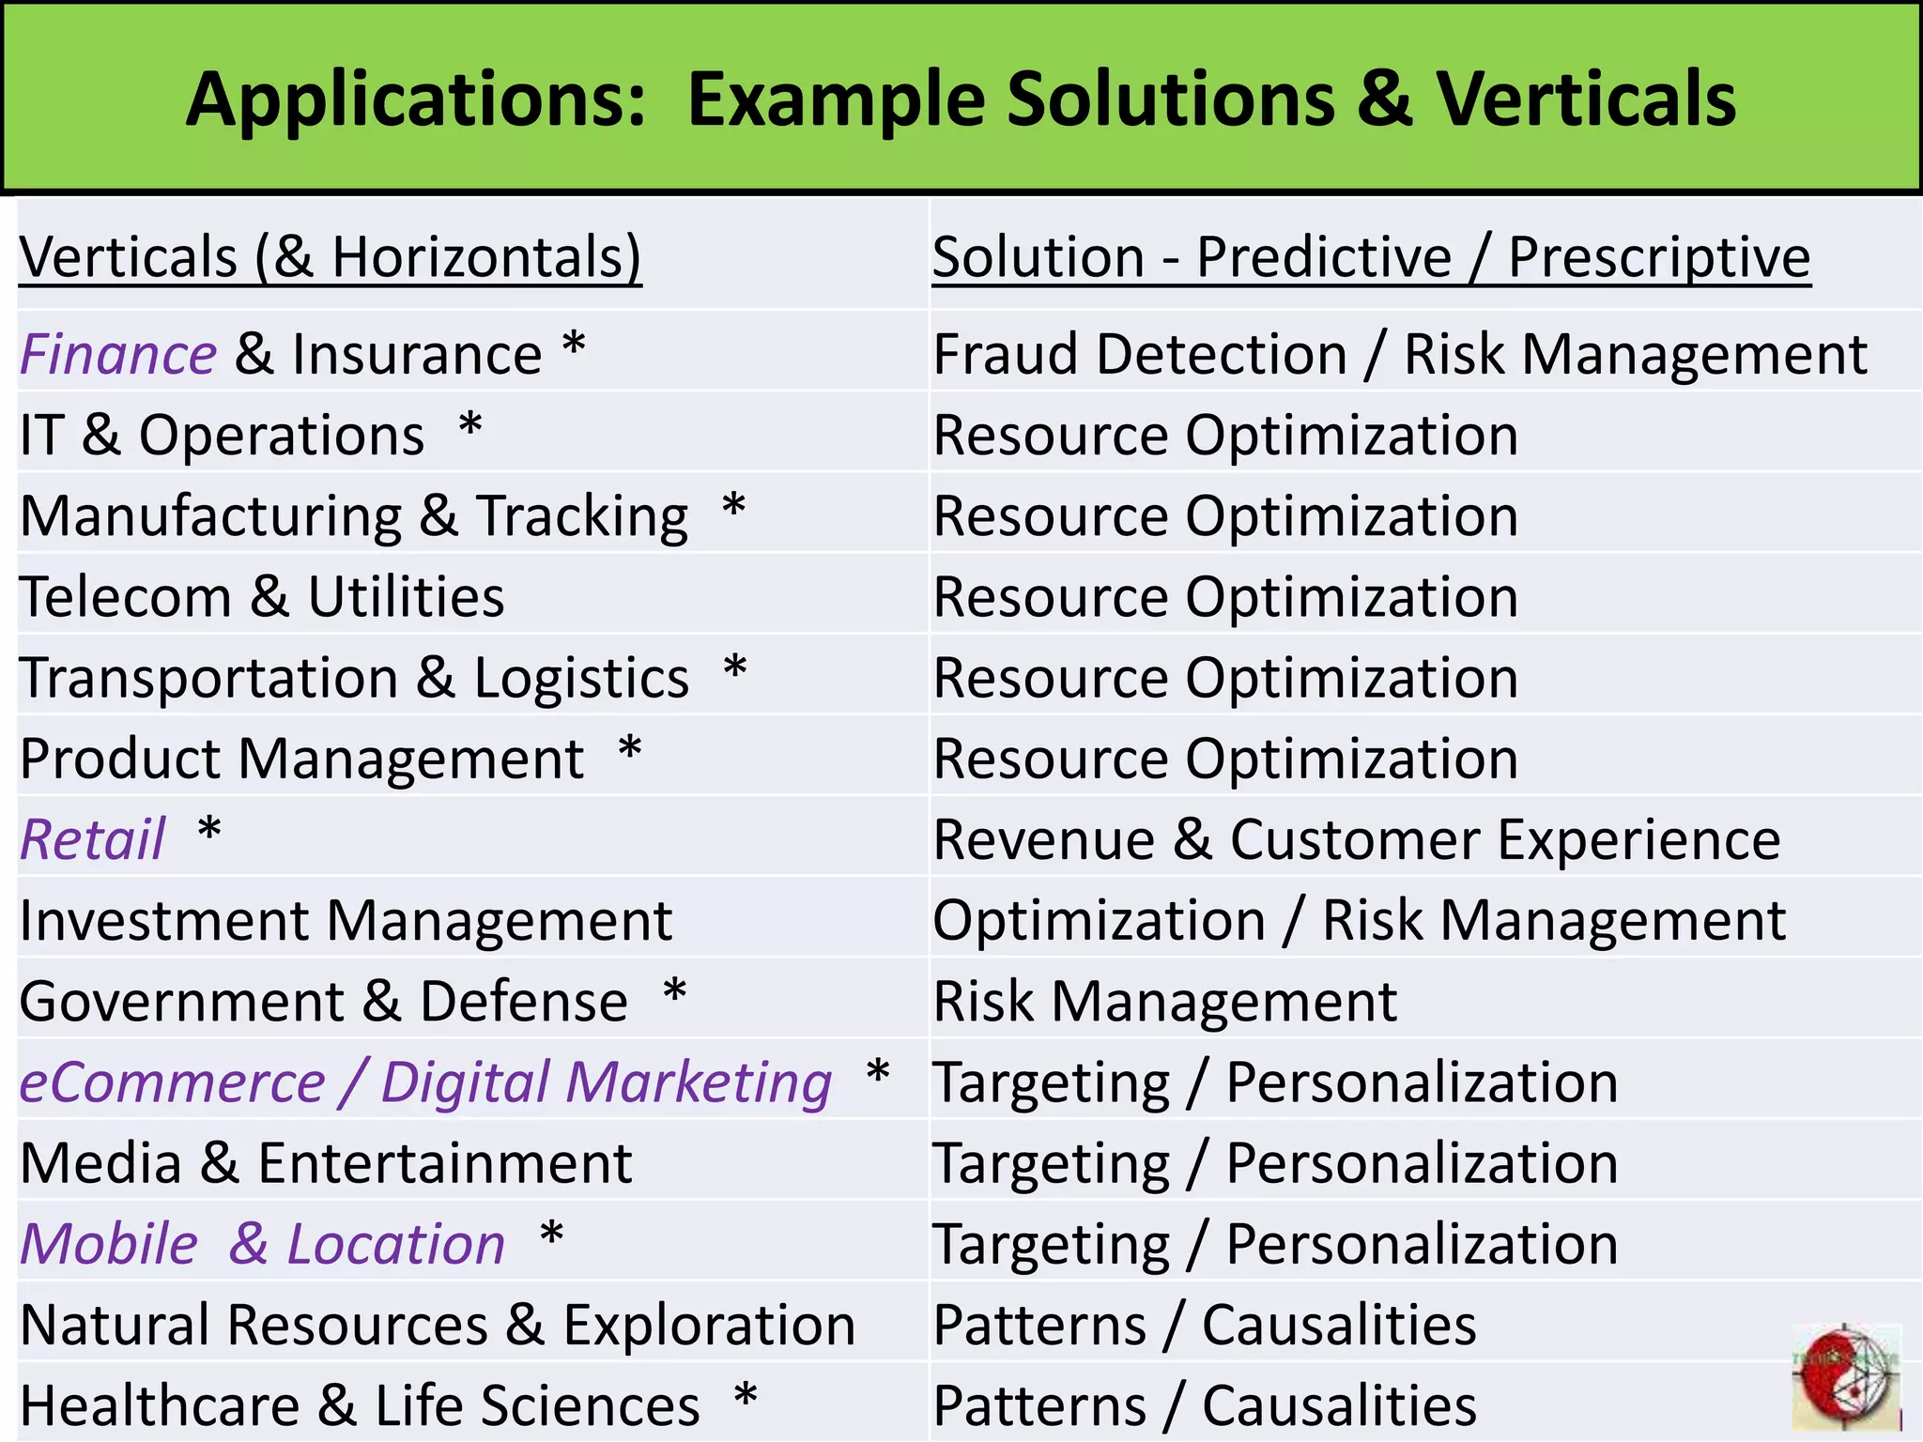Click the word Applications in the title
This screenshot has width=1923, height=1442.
tap(416, 100)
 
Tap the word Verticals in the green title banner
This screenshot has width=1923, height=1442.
tap(1586, 99)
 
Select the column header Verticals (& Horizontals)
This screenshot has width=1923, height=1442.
tap(331, 256)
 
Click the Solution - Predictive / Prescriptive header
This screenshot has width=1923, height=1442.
tap(1371, 256)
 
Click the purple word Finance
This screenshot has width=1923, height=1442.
tap(118, 355)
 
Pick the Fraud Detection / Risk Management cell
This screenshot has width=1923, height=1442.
tap(1400, 355)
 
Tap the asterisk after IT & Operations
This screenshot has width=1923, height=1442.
tap(470, 427)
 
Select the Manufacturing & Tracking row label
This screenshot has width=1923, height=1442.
tap(354, 517)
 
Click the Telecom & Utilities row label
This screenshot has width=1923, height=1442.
tap(262, 597)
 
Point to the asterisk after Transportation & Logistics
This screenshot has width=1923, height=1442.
tap(735, 670)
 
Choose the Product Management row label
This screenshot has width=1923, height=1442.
tap(301, 759)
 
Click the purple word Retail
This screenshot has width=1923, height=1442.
tap(93, 839)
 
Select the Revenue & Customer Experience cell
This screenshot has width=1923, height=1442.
tap(1356, 839)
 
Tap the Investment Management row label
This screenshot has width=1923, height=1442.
tap(346, 921)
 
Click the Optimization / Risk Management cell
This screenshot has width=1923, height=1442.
tap(1359, 921)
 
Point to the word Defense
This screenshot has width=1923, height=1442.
tap(523, 1002)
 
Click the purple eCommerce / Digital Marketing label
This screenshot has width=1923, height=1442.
tap(425, 1082)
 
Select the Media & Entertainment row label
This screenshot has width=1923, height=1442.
tap(326, 1163)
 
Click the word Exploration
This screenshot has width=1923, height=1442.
tap(709, 1326)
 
